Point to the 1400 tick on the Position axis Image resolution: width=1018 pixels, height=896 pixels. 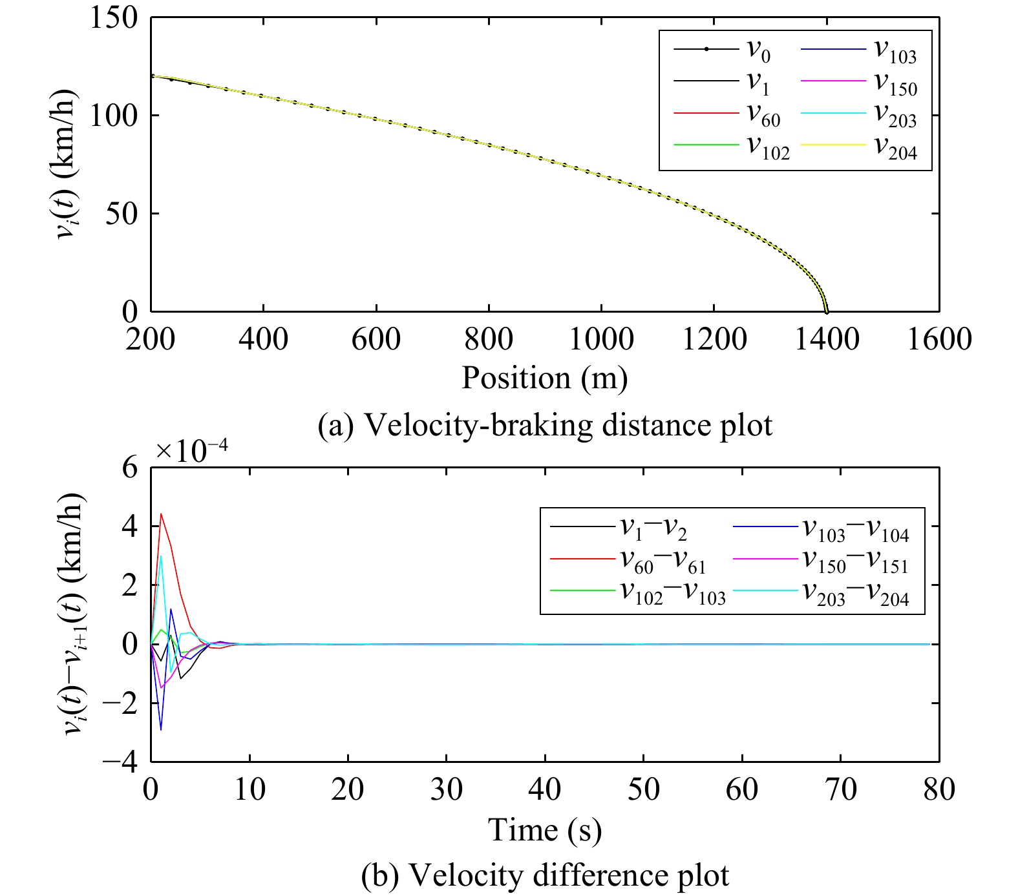827,339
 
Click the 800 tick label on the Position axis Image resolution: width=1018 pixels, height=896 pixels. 489,339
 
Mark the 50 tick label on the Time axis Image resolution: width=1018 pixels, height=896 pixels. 643,789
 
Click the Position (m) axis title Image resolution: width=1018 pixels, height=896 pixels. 544,378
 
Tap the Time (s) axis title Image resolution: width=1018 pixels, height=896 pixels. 544,829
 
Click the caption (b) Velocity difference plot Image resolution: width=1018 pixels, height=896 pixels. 544,875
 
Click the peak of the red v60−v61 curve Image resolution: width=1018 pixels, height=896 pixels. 161,514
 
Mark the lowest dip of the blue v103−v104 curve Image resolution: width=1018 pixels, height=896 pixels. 161,729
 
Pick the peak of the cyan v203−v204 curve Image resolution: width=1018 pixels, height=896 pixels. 161,556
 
